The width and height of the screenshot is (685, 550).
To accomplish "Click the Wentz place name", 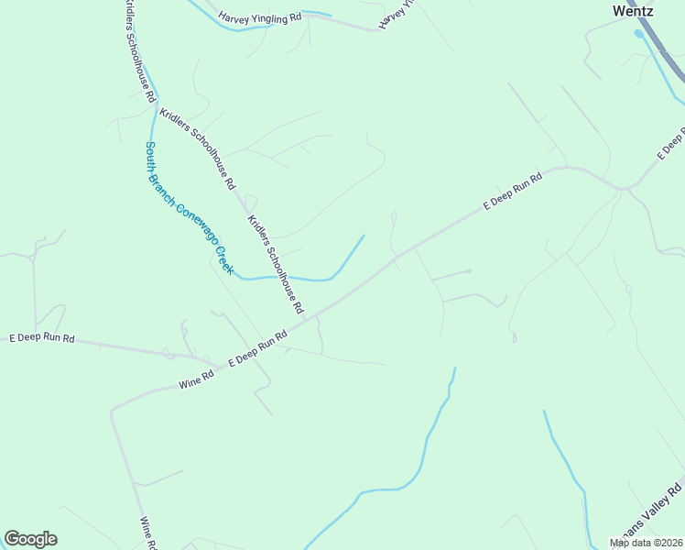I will point(633,12).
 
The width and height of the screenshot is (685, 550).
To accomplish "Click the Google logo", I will point(30,539).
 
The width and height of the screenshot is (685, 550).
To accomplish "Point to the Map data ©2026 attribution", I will point(647,543).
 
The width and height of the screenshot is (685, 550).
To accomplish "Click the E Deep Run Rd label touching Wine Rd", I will point(258,348).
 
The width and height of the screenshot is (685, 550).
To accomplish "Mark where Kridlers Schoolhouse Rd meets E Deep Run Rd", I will point(305,319).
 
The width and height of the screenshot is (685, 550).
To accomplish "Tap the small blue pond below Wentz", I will point(639,34).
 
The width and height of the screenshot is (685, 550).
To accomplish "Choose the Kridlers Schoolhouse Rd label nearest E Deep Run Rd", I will point(276,265).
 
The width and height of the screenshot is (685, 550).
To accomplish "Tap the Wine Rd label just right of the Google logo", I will point(146,533).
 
